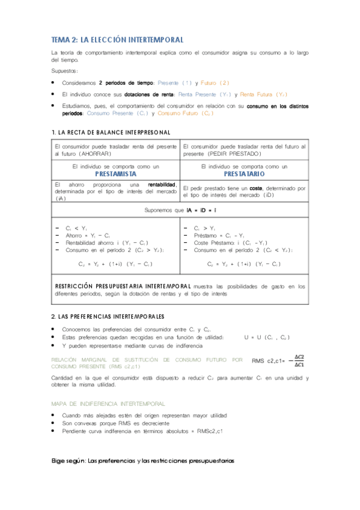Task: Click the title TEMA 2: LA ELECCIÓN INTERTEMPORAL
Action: tap(117, 39)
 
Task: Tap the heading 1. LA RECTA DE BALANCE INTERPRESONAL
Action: tap(111, 132)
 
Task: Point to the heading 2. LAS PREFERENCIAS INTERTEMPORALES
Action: tap(108, 316)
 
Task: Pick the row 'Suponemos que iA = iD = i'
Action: tap(180, 210)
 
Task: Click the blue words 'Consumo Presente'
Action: tap(111, 113)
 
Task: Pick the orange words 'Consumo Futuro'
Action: tap(178, 113)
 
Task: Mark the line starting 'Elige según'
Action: tap(142, 461)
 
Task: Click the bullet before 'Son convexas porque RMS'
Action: tap(55, 423)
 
